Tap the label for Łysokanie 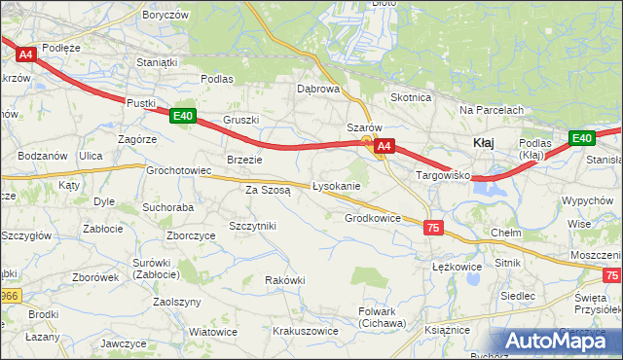(337, 186)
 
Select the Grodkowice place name (373, 218)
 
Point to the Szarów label (364, 128)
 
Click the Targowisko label (443, 176)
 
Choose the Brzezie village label (244, 160)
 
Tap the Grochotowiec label (179, 170)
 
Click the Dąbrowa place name (317, 89)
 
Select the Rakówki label (285, 280)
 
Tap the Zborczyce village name (190, 234)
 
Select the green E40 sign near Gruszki (182, 116)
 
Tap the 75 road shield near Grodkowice (433, 227)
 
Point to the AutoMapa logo (557, 341)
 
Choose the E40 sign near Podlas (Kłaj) (581, 138)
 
